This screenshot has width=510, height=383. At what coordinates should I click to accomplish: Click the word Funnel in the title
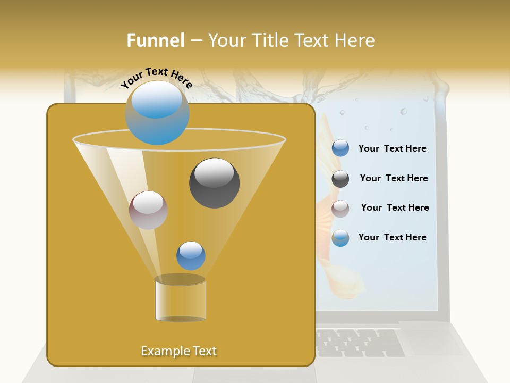[155, 40]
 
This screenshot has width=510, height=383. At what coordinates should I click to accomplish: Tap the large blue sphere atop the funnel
[157, 113]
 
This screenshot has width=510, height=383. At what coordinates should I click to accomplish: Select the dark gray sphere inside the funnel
[214, 183]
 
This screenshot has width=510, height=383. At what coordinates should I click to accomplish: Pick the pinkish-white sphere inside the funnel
[148, 210]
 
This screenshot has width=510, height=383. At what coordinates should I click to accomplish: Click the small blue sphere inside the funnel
[191, 255]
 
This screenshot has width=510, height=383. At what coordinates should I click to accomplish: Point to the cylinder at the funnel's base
[180, 299]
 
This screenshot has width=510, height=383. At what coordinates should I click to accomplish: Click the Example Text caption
[178, 351]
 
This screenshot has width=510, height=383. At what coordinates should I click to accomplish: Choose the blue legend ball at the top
[341, 148]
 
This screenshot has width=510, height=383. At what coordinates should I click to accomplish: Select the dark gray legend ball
[341, 179]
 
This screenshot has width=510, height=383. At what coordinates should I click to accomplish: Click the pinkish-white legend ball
[341, 209]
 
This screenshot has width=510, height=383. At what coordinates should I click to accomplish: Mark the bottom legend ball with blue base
[341, 238]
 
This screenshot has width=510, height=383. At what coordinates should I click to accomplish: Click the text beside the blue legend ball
[392, 149]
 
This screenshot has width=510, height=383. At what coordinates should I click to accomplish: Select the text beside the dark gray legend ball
[394, 179]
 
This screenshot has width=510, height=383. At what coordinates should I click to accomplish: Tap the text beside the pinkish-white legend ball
[395, 208]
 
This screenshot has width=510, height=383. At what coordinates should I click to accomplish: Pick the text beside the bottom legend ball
[392, 237]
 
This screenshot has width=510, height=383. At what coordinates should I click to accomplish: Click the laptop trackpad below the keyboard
[255, 375]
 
